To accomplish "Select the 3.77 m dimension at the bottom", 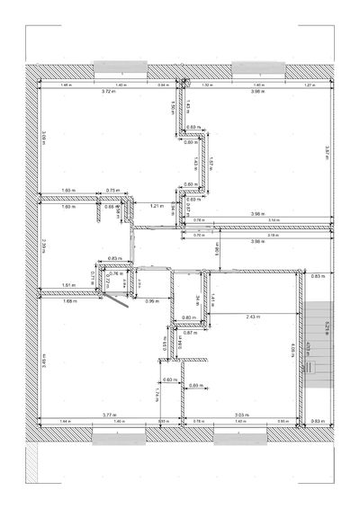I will (x=108, y=415).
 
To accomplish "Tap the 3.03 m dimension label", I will (x=241, y=415).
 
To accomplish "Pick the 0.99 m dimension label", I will (x=151, y=300).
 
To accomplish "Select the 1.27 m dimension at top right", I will (x=310, y=85).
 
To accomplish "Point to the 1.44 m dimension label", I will (x=65, y=421).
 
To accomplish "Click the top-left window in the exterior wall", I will (x=119, y=67).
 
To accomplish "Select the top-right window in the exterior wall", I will (x=257, y=67).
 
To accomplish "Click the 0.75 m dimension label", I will (x=113, y=190).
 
